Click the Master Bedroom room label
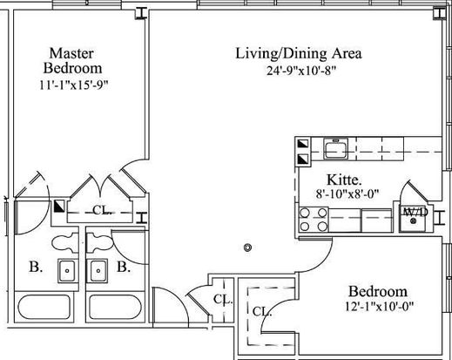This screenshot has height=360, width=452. (72, 61)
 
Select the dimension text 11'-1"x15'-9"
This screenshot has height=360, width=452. (74, 85)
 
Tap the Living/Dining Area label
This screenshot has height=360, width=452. (299, 54)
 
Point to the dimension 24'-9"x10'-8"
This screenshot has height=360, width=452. (301, 71)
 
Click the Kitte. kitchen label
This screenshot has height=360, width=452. (344, 180)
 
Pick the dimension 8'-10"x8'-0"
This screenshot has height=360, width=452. (347, 194)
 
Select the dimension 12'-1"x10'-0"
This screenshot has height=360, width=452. (379, 306)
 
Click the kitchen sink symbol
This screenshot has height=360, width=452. (335, 148)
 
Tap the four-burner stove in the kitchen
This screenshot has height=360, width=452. (314, 220)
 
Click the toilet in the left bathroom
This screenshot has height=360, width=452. (65, 243)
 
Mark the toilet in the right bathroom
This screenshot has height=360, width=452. (99, 243)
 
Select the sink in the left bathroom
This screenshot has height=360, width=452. (67, 271)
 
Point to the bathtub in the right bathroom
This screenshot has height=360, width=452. (116, 308)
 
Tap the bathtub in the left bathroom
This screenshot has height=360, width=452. (44, 308)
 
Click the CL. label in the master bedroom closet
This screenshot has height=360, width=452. (101, 210)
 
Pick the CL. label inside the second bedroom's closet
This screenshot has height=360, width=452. (262, 312)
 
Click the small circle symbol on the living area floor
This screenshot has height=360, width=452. (247, 248)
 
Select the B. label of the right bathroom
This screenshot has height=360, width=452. (124, 267)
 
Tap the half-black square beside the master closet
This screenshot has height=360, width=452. (59, 207)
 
